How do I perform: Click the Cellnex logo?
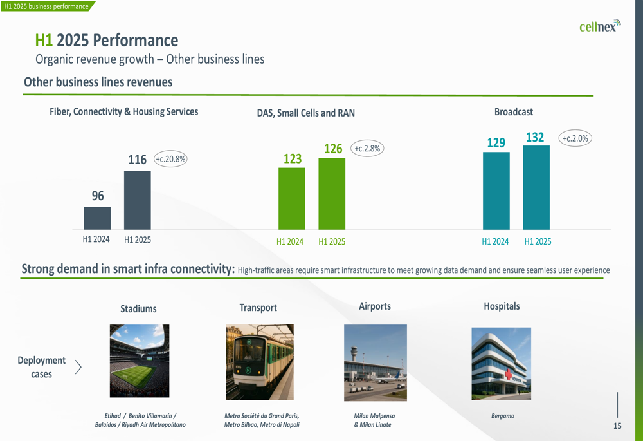[599, 26]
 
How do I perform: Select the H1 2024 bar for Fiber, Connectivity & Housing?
[97, 218]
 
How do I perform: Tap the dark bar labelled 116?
[137, 200]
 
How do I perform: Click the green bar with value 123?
[292, 198]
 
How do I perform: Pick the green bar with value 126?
[332, 194]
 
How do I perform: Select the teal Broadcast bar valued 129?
[496, 191]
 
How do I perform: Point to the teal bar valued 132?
[536, 187]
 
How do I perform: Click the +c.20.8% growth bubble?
[170, 159]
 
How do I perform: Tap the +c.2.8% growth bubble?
[368, 148]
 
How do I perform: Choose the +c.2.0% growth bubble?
[575, 138]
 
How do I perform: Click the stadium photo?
[140, 361]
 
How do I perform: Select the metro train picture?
[259, 362]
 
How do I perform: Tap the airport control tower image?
[376, 362]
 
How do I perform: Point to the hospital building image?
[501, 363]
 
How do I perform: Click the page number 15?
[617, 426]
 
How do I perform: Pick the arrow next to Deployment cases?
[78, 367]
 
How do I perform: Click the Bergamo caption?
[502, 416]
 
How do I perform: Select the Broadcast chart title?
[513, 112]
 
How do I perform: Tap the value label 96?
[98, 196]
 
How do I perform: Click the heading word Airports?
[375, 306]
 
